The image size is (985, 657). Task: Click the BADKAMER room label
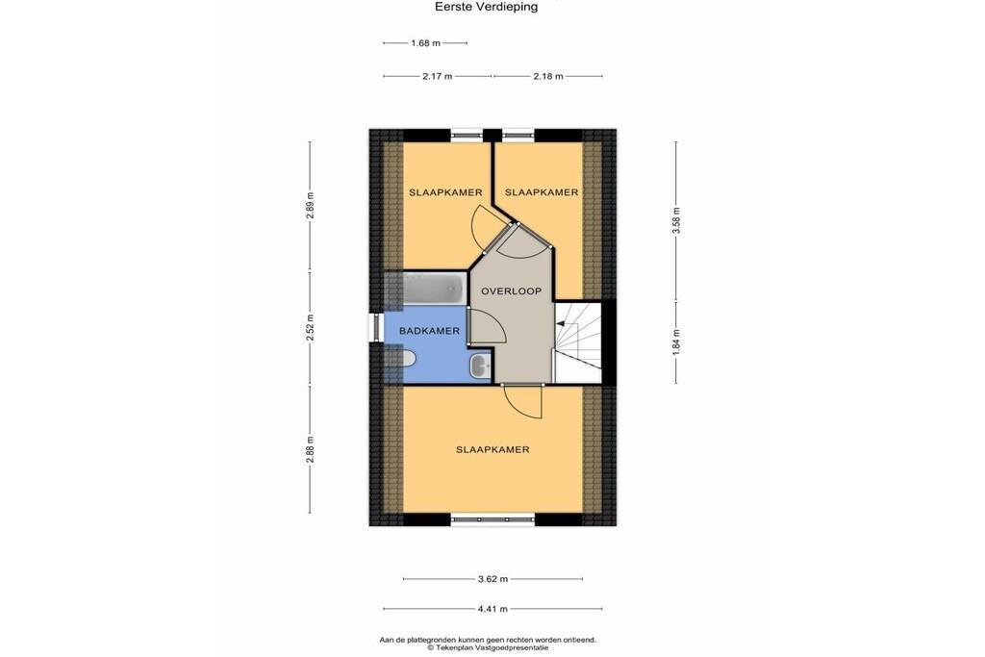click(x=430, y=330)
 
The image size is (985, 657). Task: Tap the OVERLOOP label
click(x=512, y=291)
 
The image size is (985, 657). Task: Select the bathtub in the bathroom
click(x=433, y=290)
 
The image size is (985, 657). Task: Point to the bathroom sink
click(x=481, y=365)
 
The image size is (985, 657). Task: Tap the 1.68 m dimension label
click(x=425, y=43)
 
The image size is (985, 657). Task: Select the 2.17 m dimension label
click(x=438, y=77)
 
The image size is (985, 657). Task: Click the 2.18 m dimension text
click(x=547, y=77)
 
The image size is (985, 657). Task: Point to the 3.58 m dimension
click(x=676, y=221)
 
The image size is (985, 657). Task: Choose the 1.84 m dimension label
click(x=676, y=342)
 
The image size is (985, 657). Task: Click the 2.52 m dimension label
click(x=310, y=327)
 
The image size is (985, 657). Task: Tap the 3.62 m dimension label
click(x=492, y=579)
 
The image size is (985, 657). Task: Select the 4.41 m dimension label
click(x=492, y=609)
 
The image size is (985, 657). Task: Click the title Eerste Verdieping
click(x=486, y=8)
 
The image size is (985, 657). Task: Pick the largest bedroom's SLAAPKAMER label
click(x=492, y=450)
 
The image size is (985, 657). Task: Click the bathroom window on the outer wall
click(x=376, y=327)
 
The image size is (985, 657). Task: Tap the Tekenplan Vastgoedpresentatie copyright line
click(x=488, y=647)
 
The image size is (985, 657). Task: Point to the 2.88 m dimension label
click(x=310, y=450)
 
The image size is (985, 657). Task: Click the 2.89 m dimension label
click(x=310, y=205)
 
